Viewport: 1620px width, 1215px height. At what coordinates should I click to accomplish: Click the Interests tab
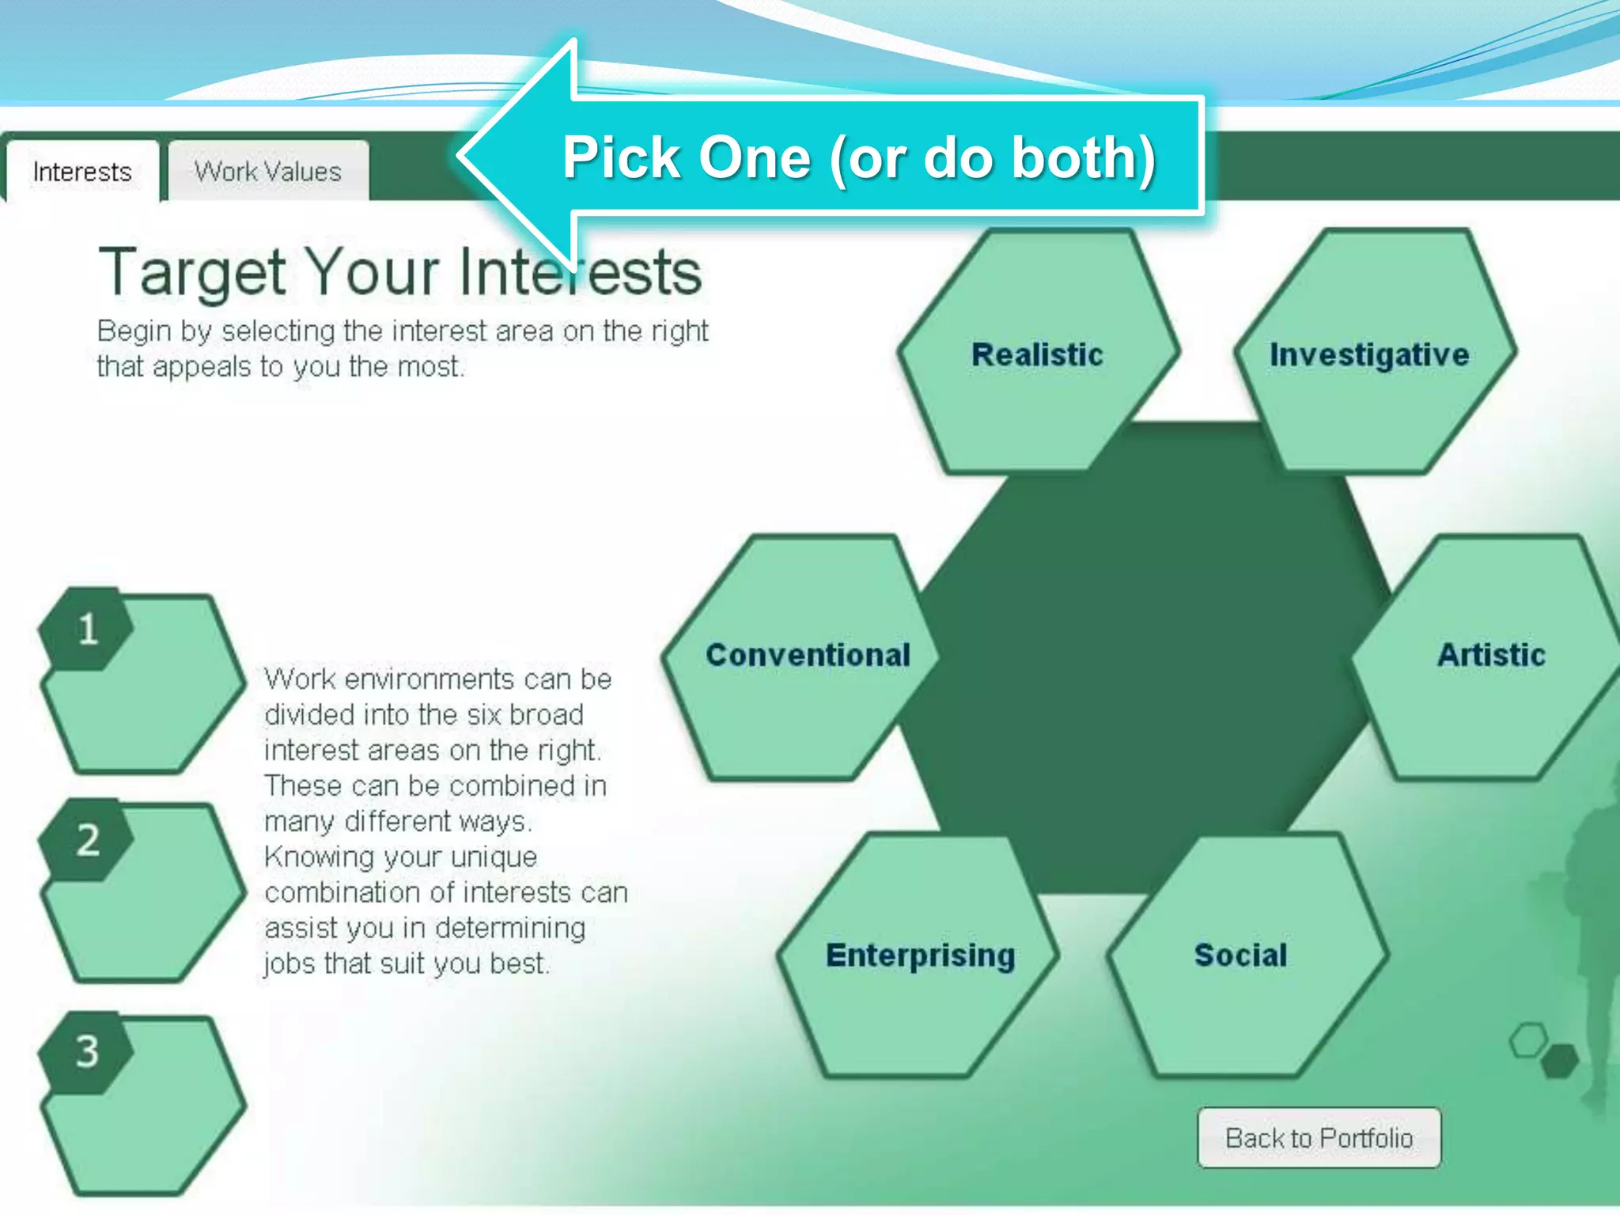click(x=82, y=172)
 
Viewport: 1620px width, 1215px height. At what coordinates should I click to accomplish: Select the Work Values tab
click(x=267, y=172)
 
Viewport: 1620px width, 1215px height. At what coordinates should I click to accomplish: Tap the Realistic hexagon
click(x=1037, y=354)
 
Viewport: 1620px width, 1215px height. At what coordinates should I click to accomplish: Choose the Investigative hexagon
click(x=1369, y=354)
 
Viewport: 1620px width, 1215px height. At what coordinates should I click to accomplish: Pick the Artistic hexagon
click(x=1491, y=655)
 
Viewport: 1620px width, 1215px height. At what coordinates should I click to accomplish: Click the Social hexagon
click(x=1241, y=956)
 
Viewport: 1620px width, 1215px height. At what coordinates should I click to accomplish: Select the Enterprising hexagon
click(x=920, y=956)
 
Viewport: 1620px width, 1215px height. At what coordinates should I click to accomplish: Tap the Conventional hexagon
click(x=808, y=655)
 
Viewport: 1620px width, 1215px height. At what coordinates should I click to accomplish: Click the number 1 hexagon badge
click(x=88, y=630)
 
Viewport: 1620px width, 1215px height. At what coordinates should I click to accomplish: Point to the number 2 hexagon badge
click(x=88, y=840)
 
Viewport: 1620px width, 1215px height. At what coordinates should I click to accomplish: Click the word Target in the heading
click(x=191, y=273)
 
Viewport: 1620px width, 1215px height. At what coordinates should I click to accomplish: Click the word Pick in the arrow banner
click(x=621, y=157)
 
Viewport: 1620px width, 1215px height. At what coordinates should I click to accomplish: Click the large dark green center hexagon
click(x=1139, y=657)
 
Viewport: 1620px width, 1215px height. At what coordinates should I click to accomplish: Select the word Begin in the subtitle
click(x=134, y=331)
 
